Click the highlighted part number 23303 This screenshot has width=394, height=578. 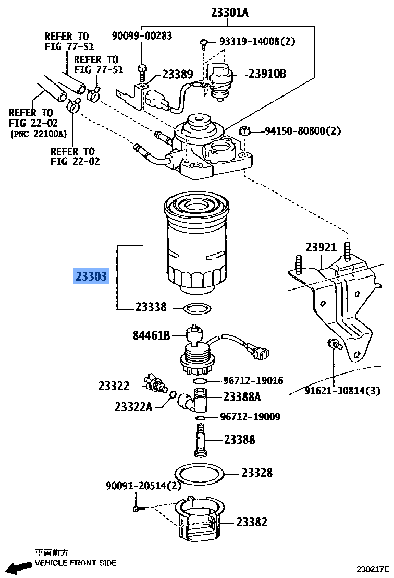91,276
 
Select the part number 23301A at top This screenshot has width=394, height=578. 229,12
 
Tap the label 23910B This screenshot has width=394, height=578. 267,74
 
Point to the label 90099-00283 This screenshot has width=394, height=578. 142,35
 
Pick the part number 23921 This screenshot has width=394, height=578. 321,247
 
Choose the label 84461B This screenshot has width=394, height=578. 151,335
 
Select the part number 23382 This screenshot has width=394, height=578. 252,522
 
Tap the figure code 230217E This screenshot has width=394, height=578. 373,569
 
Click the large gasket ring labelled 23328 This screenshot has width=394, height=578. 199,474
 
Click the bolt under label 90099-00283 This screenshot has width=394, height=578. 142,70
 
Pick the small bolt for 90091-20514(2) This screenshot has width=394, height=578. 137,508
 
